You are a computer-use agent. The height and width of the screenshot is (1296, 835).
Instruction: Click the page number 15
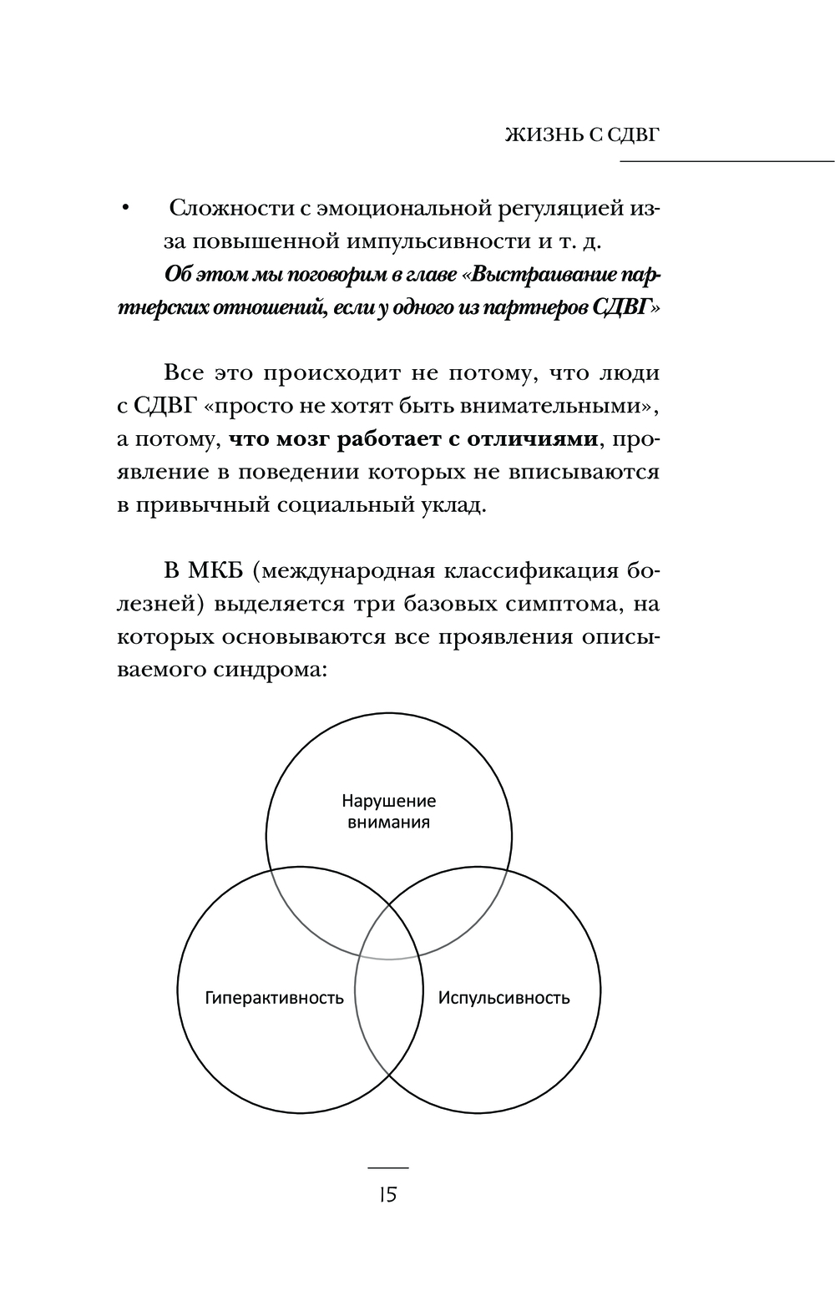pos(387,1194)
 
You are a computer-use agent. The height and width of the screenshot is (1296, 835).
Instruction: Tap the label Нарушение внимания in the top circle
pos(388,812)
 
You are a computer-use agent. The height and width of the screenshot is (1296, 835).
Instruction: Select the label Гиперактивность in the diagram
pos(274,998)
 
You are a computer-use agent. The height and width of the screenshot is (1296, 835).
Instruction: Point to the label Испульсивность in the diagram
pos(504,998)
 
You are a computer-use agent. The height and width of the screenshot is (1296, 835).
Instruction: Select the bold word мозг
pos(299,438)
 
